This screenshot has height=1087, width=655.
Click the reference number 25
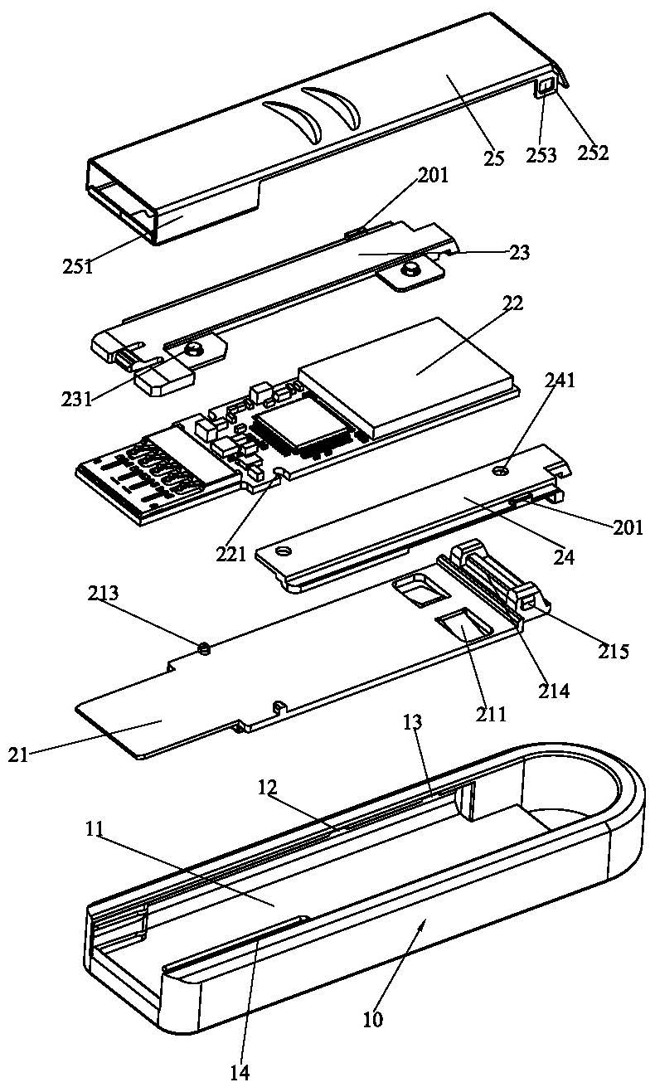[494, 158]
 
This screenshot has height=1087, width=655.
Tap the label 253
[541, 154]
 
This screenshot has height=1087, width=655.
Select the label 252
[594, 153]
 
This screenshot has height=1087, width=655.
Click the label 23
[520, 252]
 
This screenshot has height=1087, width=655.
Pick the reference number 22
[512, 304]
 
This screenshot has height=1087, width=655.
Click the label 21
[17, 755]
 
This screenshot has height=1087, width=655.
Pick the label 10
[372, 1019]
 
